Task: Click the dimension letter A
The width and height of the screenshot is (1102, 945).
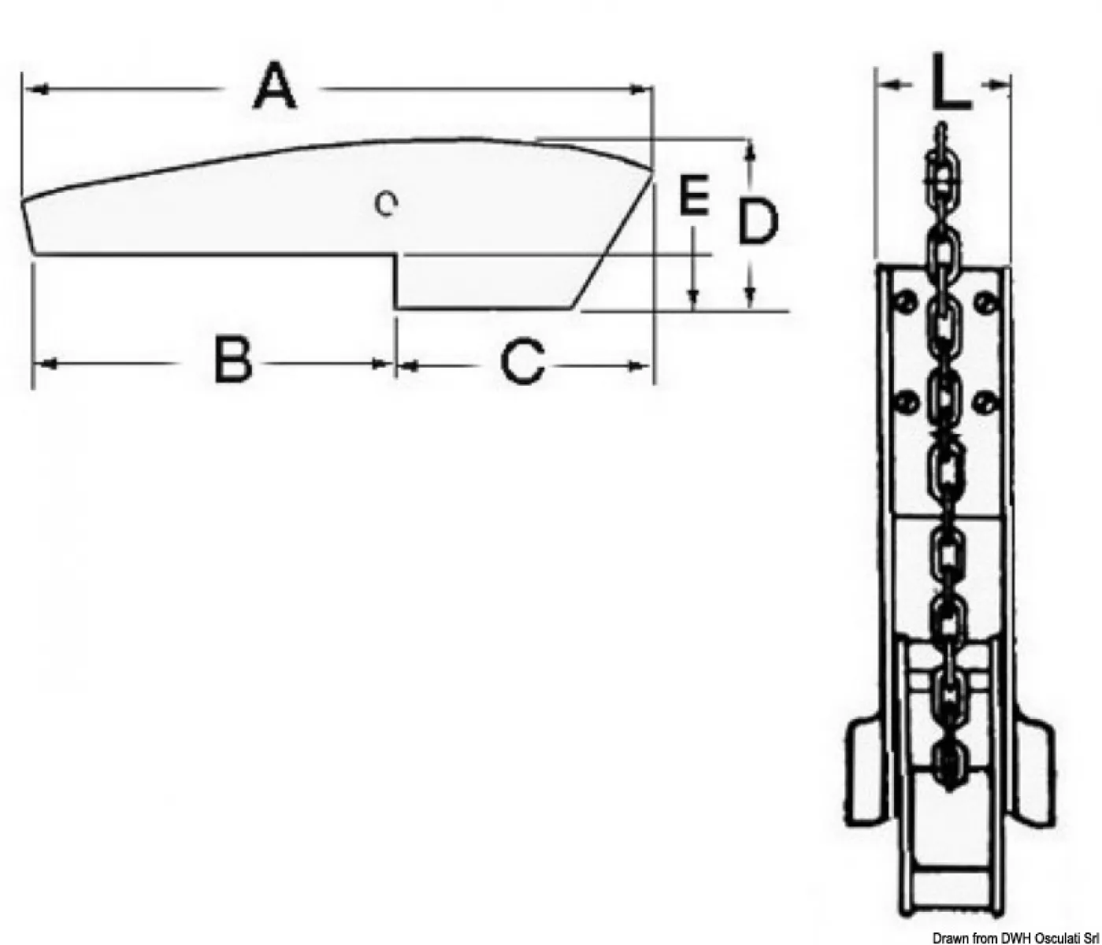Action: coord(274,87)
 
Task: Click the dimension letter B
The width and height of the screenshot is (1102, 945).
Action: coord(233,359)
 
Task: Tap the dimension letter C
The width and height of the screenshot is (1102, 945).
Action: coord(523,361)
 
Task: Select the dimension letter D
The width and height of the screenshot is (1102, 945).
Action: coord(758,220)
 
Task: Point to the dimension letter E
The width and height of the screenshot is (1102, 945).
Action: coord(695,195)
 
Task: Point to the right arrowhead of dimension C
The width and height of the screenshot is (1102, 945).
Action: coord(637,365)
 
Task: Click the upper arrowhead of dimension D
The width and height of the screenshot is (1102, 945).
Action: coord(750,151)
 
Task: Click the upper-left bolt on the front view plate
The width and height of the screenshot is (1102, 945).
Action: coord(905,302)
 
